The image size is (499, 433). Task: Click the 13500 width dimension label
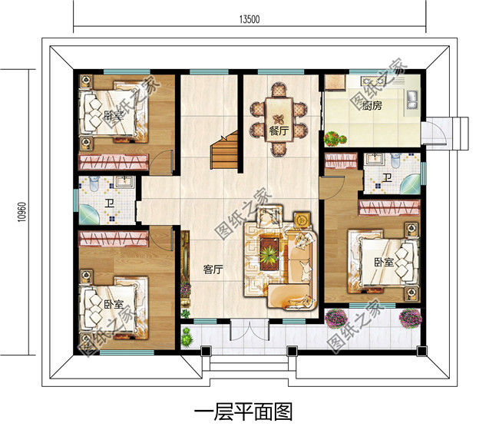coord(249,19)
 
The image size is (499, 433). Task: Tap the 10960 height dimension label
coord(21,212)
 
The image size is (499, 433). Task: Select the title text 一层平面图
coord(243,412)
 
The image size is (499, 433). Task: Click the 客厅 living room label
coord(213,269)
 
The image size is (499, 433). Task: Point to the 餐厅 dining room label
coord(279,131)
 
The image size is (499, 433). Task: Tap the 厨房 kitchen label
coord(372,105)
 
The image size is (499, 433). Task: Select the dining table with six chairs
coord(279,119)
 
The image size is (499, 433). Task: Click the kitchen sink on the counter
coord(412,99)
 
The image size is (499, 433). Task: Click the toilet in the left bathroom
coord(94,183)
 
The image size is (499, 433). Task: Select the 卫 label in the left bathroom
coord(110,203)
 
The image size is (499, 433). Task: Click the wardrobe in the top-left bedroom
coord(114,162)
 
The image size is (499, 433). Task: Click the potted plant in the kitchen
coord(335,139)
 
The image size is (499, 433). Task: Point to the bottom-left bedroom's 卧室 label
coord(114,304)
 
